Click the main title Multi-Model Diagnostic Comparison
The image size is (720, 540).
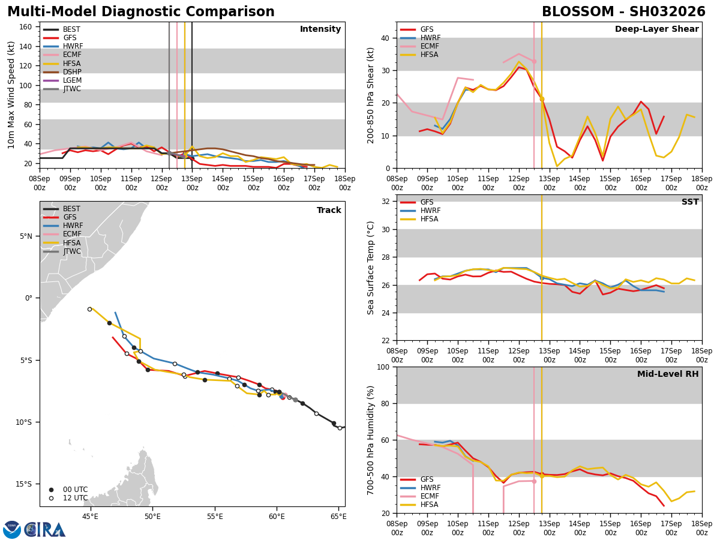pos(141,12)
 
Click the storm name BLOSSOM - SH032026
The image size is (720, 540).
pos(623,12)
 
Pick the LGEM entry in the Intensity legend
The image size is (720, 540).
pos(72,80)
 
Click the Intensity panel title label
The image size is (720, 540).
pos(320,29)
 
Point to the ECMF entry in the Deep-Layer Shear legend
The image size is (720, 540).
pos(428,46)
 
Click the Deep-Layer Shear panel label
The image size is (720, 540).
pos(656,29)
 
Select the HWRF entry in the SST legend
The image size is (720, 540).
pos(430,211)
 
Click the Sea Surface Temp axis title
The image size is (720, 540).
pos(371,268)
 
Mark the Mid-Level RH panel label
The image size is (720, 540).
pos(668,374)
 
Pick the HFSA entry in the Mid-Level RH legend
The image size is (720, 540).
pos(430,505)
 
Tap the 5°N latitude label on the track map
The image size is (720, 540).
pos(26,236)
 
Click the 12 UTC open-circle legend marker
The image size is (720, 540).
pos(52,498)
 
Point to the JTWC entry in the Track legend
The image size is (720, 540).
pos(71,251)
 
